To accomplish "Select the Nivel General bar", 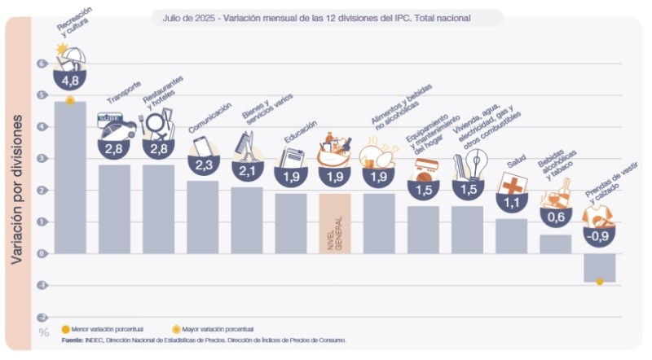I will (334, 223).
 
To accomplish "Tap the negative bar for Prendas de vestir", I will (599, 267).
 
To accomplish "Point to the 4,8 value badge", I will (70, 81).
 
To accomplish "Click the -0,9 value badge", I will (599, 235).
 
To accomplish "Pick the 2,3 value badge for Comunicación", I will (202, 165).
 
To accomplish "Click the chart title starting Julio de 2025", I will (326, 16).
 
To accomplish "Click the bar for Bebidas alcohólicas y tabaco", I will (555, 244).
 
